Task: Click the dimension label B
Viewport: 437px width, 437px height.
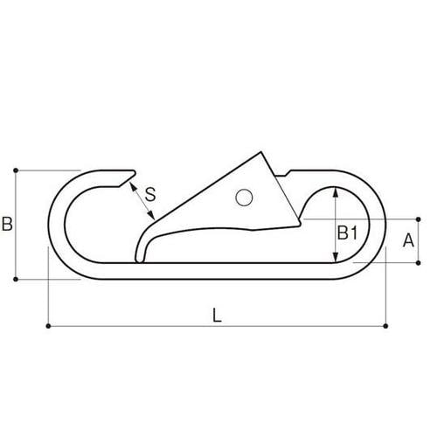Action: [x=7, y=225]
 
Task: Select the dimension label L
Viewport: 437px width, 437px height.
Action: [x=217, y=316]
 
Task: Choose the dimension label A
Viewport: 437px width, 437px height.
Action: [x=407, y=239]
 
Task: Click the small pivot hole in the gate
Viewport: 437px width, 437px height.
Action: [x=244, y=198]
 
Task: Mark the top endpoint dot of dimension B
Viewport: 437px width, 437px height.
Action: [x=17, y=170]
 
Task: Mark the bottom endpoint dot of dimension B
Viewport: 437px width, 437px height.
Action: [x=17, y=280]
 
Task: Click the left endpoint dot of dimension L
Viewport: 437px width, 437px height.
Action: [x=46, y=327]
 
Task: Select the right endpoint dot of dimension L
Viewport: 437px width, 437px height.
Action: [x=386, y=327]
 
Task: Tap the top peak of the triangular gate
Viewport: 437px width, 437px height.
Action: [x=264, y=153]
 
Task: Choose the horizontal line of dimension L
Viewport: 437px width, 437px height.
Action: [x=217, y=327]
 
